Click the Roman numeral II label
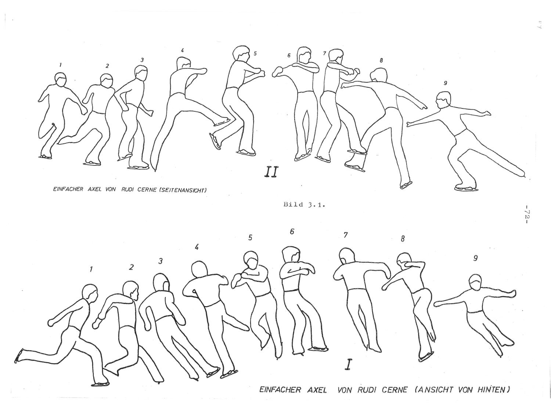point(271,172)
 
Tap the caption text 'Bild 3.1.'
point(304,205)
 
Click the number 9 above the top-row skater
point(445,83)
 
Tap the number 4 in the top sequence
point(183,50)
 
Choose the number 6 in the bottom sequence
point(292,232)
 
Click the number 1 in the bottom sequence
point(91,269)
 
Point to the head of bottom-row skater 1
point(90,292)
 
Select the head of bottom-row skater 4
point(199,270)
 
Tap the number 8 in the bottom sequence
point(403,239)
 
